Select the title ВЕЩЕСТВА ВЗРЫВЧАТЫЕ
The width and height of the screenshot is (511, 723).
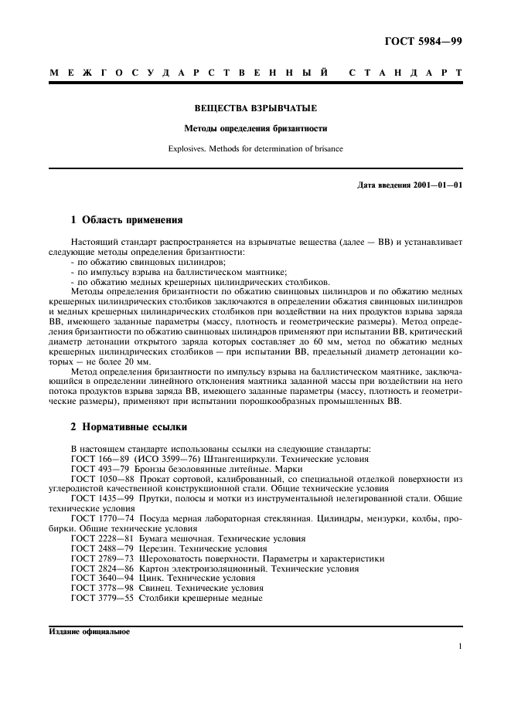(x=255, y=109)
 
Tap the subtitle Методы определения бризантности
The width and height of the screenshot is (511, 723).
(x=255, y=128)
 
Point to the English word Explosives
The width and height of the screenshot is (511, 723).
(x=187, y=148)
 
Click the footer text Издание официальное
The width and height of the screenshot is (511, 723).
(x=90, y=631)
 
